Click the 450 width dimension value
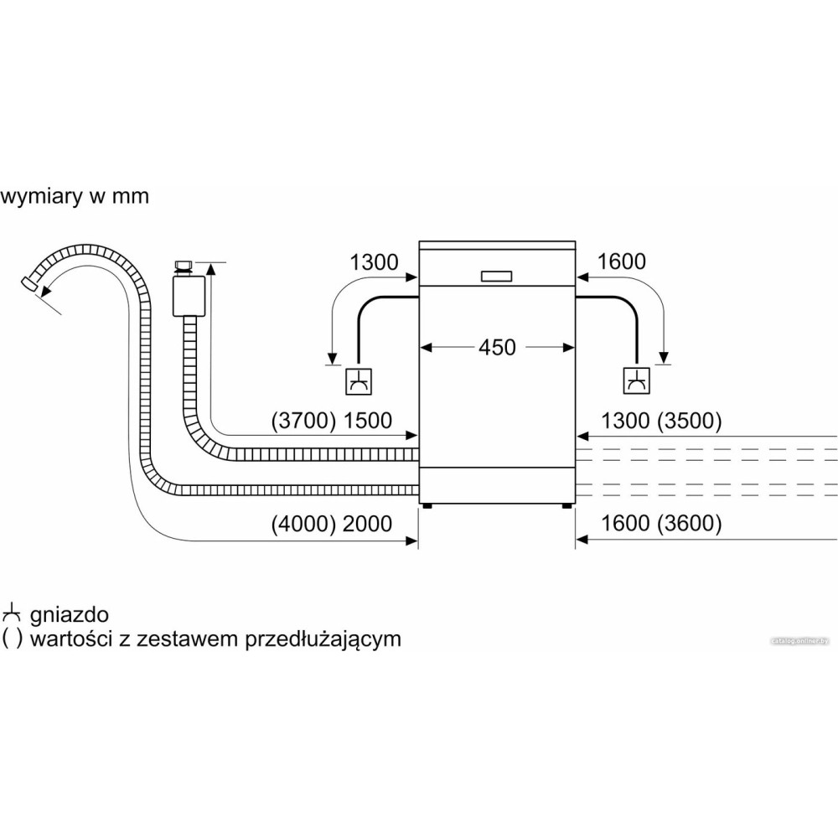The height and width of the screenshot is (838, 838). pos(498,346)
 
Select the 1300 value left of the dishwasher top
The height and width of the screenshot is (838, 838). pos(374,261)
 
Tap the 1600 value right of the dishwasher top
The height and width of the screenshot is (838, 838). pos(621,261)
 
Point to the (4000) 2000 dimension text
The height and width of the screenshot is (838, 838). pos(332,524)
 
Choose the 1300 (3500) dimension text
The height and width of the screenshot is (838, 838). pos(661,421)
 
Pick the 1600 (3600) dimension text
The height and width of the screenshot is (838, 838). pos(661,524)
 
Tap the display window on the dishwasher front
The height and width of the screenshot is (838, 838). pos(497,276)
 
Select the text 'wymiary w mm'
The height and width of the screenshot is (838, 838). pos(75,197)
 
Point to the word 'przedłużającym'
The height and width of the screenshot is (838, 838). pos(323,639)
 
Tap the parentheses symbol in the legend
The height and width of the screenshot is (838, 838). pos(12,639)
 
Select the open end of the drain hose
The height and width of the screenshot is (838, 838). pos(30,286)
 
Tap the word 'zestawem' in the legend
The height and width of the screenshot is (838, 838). pos(199,639)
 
